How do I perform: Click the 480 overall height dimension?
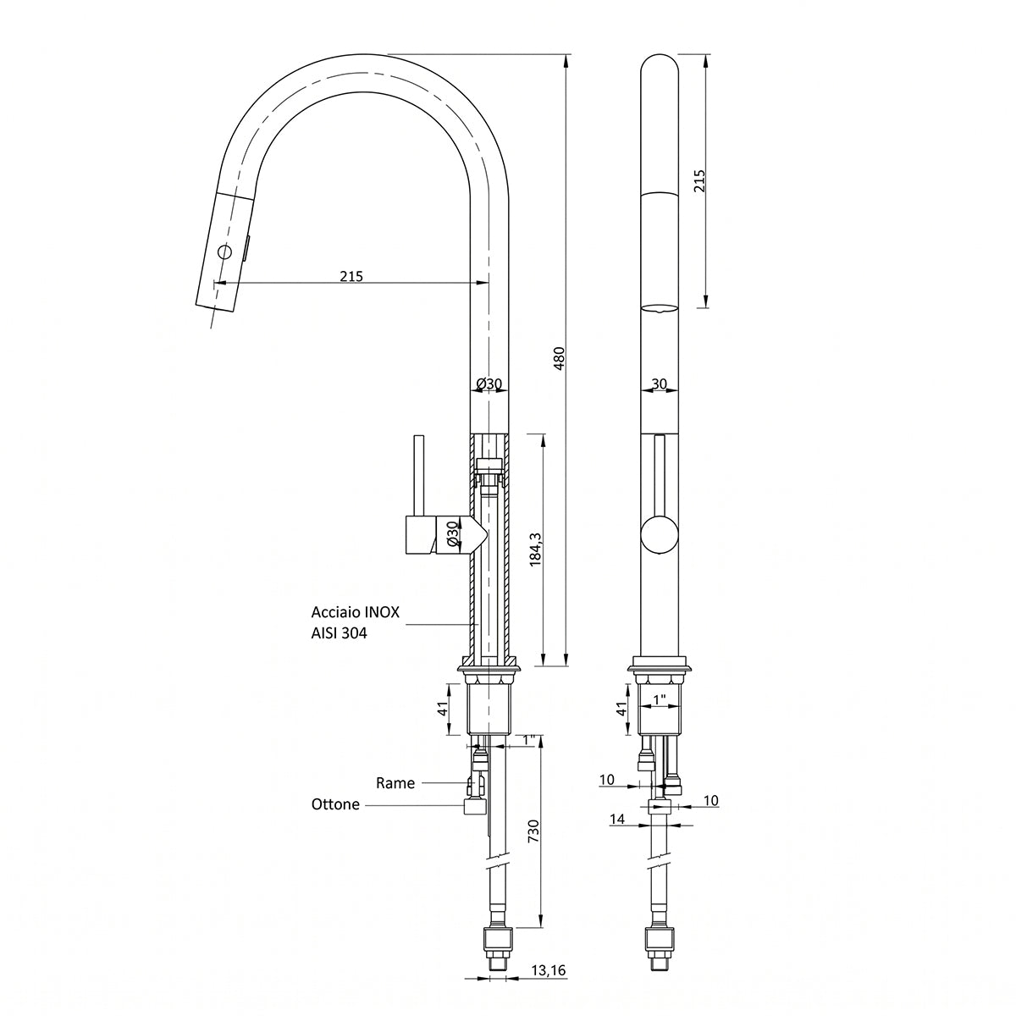click(560, 358)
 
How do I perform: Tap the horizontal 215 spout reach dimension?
click(351, 276)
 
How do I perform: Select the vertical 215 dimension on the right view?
click(699, 180)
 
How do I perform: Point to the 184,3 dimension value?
click(536, 549)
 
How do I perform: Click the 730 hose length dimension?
click(533, 830)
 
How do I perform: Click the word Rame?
click(395, 783)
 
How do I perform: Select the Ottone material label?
click(336, 804)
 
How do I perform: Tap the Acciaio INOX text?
click(356, 611)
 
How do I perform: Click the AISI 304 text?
click(339, 632)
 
